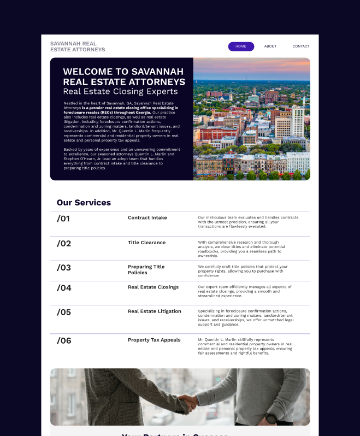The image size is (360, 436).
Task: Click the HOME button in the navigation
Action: pyautogui.click(x=241, y=46)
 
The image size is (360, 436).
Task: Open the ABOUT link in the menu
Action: pyautogui.click(x=270, y=46)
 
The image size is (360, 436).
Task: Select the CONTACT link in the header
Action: pyautogui.click(x=300, y=46)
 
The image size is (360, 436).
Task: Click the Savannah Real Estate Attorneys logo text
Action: pyautogui.click(x=78, y=46)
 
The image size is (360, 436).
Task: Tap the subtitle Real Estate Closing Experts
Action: pyautogui.click(x=120, y=92)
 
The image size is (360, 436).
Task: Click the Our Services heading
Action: pyautogui.click(x=84, y=203)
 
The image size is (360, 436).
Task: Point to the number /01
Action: pyautogui.click(x=63, y=219)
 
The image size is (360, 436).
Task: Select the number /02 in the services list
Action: pyautogui.click(x=64, y=244)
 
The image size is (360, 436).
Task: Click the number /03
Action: pyautogui.click(x=64, y=268)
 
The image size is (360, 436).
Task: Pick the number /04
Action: pyautogui.click(x=64, y=288)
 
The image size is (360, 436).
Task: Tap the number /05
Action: pyautogui.click(x=64, y=313)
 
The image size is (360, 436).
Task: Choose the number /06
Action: pyautogui.click(x=64, y=341)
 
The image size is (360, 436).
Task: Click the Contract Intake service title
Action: pyautogui.click(x=147, y=218)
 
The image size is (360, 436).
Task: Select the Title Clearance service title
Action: pyautogui.click(x=146, y=243)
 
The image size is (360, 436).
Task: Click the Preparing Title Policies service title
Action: pyautogui.click(x=146, y=270)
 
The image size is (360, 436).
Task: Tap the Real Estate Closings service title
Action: pyautogui.click(x=153, y=287)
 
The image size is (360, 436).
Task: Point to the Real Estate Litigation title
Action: pyautogui.click(x=154, y=311)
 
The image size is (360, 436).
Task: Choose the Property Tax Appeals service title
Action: pyautogui.click(x=154, y=340)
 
